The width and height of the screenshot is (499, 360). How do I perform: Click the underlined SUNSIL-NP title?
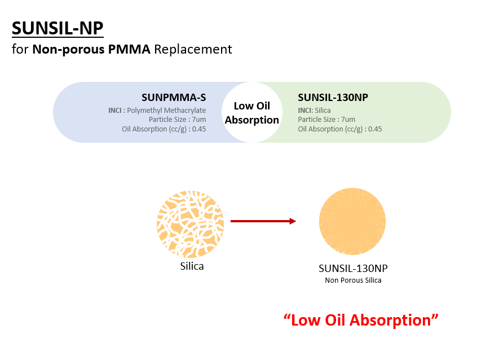[58, 28]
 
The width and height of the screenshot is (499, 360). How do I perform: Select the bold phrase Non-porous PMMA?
[91, 50]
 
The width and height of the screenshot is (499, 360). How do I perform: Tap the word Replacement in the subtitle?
[193, 50]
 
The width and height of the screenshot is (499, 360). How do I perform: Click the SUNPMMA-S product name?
[174, 98]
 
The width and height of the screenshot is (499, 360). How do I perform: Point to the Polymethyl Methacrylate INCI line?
[157, 111]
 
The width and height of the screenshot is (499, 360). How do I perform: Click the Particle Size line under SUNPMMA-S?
[177, 120]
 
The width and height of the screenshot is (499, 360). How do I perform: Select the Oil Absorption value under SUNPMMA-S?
[164, 129]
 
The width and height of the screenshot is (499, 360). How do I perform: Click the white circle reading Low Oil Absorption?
[251, 112]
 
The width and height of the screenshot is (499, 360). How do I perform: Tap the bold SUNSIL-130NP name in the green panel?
[333, 98]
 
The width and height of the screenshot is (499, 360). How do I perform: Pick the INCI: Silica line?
[315, 111]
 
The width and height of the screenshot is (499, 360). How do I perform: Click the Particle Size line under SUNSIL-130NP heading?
[326, 120]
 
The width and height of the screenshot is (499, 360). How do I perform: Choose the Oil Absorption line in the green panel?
[340, 129]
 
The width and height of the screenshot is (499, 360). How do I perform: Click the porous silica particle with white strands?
[191, 224]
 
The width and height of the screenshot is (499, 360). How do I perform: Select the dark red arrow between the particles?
[263, 221]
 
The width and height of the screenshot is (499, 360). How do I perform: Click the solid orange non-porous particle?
[352, 221]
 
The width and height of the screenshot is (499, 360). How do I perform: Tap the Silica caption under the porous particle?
[192, 266]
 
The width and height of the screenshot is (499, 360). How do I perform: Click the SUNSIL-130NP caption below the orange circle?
[353, 269]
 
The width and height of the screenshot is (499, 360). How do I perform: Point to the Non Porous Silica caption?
[353, 280]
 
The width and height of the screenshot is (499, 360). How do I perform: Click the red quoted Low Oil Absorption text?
[361, 320]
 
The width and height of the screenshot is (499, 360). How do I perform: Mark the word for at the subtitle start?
[20, 50]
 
